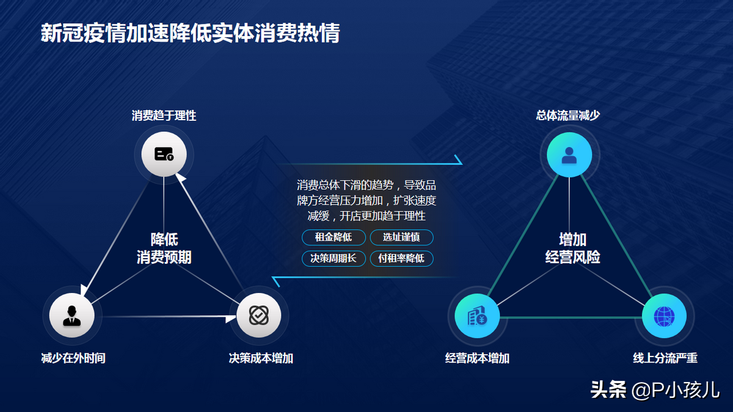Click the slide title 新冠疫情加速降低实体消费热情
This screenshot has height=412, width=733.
point(191,33)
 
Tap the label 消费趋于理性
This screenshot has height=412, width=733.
point(164,115)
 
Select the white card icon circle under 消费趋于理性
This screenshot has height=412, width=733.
point(164,154)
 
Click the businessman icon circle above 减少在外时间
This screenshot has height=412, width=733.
point(72,315)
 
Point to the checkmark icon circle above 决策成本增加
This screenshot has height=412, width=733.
point(259,315)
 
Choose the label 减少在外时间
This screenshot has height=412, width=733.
point(73,358)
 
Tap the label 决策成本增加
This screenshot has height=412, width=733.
point(261,358)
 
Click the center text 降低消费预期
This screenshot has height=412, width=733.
point(164,248)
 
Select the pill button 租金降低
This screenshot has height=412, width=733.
point(334,237)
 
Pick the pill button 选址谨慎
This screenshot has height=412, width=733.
point(401,237)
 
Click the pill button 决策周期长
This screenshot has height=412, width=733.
point(334,258)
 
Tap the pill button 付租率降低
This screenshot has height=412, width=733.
point(401,258)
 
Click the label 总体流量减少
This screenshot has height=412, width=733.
point(568,115)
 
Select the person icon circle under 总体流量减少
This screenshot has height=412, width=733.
point(569,154)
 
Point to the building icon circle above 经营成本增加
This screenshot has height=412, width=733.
point(477,316)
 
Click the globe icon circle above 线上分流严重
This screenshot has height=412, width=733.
point(665,316)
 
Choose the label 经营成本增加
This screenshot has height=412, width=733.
point(477,358)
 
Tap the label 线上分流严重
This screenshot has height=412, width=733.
point(665,358)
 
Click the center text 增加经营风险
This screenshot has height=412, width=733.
point(573,248)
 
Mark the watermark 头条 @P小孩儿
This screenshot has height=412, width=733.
point(655,390)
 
